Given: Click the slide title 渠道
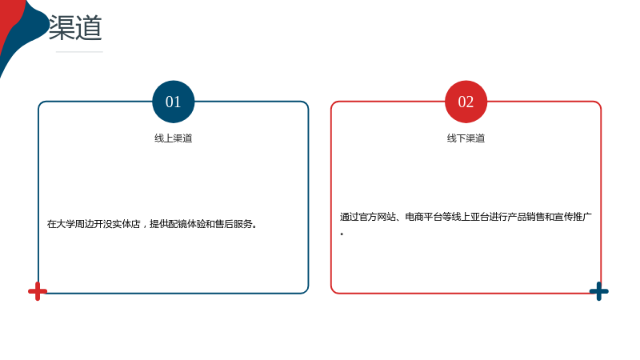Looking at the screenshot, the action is tap(75, 28).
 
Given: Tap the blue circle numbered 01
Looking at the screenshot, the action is tap(173, 102).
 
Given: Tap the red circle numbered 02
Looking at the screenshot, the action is tap(466, 102).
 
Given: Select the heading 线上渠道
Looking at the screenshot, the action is tap(173, 138).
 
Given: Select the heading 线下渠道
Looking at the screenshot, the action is tap(466, 138).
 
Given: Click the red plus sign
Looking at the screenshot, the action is tap(38, 291).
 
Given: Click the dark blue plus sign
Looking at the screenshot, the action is tap(598, 291).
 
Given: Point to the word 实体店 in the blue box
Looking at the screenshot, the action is tap(126, 224).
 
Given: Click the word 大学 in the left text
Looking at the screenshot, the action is tap(66, 224).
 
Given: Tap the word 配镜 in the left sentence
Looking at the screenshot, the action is tap(177, 224).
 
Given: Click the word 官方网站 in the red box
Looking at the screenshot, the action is tap(377, 217).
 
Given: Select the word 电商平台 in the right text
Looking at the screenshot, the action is tap(424, 217).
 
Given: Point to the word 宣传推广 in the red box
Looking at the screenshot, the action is tap(573, 217).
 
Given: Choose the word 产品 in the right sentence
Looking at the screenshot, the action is tap(516, 217).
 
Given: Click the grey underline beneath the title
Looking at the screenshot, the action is tap(79, 52).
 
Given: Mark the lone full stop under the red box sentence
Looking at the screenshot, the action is tap(342, 234).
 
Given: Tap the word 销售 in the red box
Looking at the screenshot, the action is tap(535, 217).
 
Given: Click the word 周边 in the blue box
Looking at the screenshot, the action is tap(84, 224).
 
